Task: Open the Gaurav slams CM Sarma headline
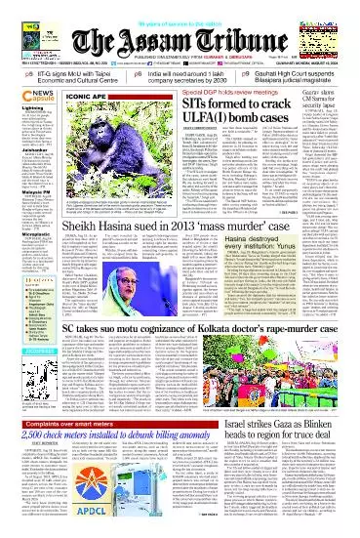tap(331, 103)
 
